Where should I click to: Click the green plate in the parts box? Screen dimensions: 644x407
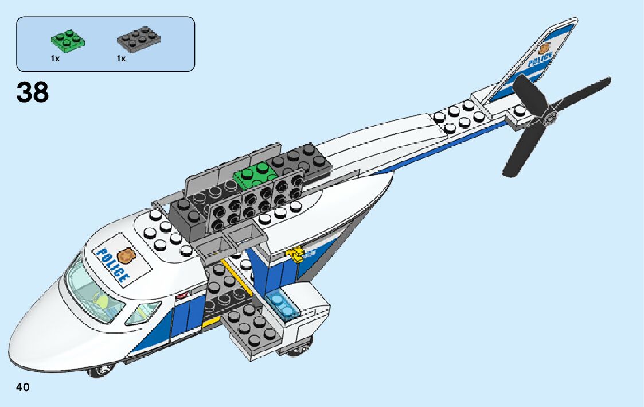pyautogui.click(x=68, y=41)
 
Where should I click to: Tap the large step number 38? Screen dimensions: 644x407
pyautogui.click(x=33, y=92)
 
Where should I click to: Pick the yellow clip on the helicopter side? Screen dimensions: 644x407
pyautogui.click(x=296, y=254)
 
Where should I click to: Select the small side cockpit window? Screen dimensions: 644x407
pyautogui.click(x=143, y=312)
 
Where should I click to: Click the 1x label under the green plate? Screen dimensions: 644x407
pyautogui.click(x=55, y=59)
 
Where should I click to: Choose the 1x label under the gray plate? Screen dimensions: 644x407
pyautogui.click(x=121, y=59)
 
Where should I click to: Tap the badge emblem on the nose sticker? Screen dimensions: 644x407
pyautogui.click(x=126, y=254)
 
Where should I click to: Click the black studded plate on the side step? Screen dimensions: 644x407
pyautogui.click(x=246, y=327)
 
